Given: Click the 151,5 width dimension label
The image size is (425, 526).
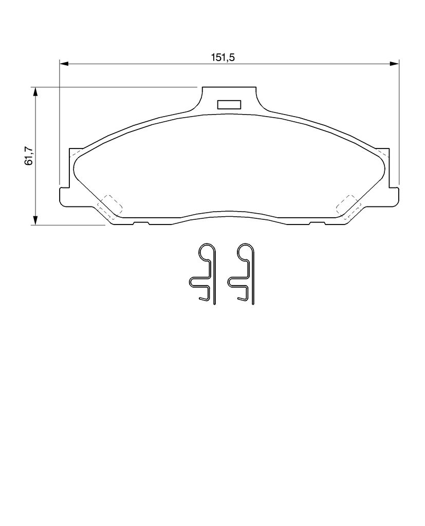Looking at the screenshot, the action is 222,58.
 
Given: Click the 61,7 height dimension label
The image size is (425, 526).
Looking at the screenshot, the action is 29,156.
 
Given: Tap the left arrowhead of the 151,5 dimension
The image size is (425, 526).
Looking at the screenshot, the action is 64,63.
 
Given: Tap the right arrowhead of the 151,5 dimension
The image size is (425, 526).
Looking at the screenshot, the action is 394,63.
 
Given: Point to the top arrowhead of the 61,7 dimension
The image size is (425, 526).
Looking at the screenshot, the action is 35,92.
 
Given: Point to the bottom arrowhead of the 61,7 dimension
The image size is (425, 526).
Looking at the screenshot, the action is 35,220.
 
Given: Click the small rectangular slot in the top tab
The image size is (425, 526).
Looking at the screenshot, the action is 229,105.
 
